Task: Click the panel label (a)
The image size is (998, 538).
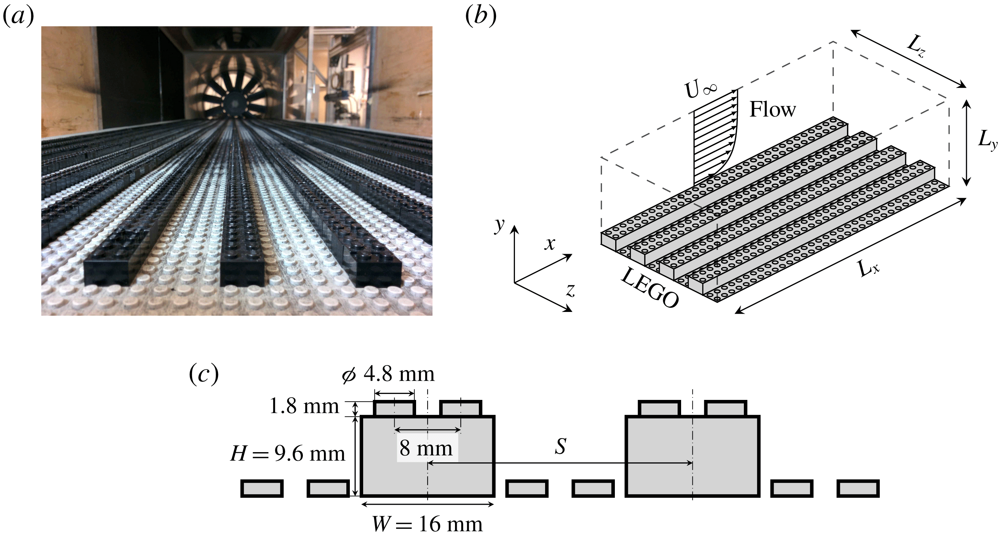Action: tap(18, 16)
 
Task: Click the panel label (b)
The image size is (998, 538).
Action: tap(480, 16)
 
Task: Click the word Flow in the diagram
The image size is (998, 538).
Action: tap(773, 110)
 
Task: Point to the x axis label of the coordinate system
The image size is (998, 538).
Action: tap(550, 244)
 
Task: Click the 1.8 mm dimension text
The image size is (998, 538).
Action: tap(304, 407)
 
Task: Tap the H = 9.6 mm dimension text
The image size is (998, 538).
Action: tap(287, 454)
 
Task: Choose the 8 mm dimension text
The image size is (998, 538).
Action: tap(426, 449)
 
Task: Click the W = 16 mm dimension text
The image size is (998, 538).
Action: tap(427, 524)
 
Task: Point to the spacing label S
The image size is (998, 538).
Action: tap(560, 446)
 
